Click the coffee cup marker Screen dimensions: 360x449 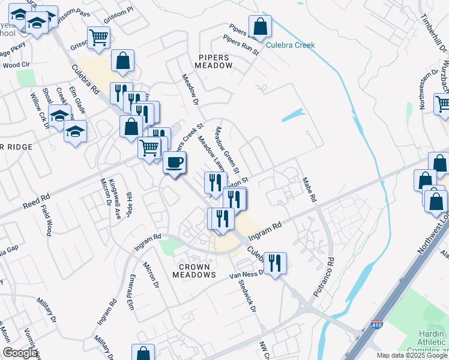pos(175,163)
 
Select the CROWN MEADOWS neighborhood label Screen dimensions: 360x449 pos(193,270)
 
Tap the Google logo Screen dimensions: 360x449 pos(20,353)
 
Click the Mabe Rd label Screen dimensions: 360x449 pos(309,189)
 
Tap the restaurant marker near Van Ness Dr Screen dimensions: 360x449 pos(275,263)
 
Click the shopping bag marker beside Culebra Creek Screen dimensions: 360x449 pos(260,26)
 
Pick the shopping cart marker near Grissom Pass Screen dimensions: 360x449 pos(98,38)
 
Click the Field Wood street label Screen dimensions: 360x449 pos(47,220)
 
